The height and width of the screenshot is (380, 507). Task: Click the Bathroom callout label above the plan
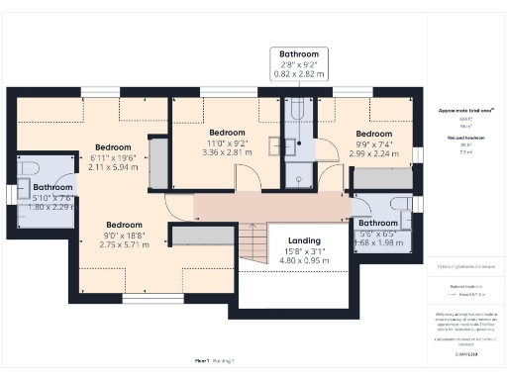(299, 54)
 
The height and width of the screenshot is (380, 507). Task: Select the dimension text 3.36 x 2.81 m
(220, 152)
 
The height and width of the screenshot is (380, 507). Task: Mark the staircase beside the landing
(253, 242)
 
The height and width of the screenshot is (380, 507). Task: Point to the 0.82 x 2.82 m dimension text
(299, 73)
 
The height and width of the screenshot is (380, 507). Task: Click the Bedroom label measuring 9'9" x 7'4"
(374, 134)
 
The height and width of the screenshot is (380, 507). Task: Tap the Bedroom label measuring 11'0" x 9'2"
(220, 133)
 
